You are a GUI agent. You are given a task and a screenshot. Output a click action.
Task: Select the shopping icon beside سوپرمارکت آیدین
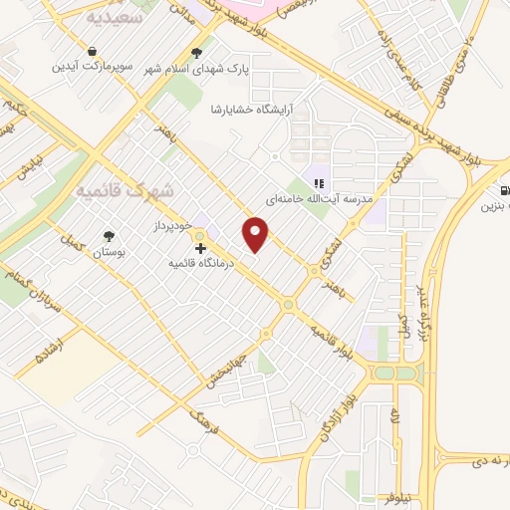click(93, 49)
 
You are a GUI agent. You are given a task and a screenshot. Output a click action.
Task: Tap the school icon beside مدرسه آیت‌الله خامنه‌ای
click(319, 182)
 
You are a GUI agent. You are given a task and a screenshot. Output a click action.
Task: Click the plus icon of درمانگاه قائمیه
click(200, 247)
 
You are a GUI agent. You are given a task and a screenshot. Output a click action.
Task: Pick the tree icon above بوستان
click(109, 235)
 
